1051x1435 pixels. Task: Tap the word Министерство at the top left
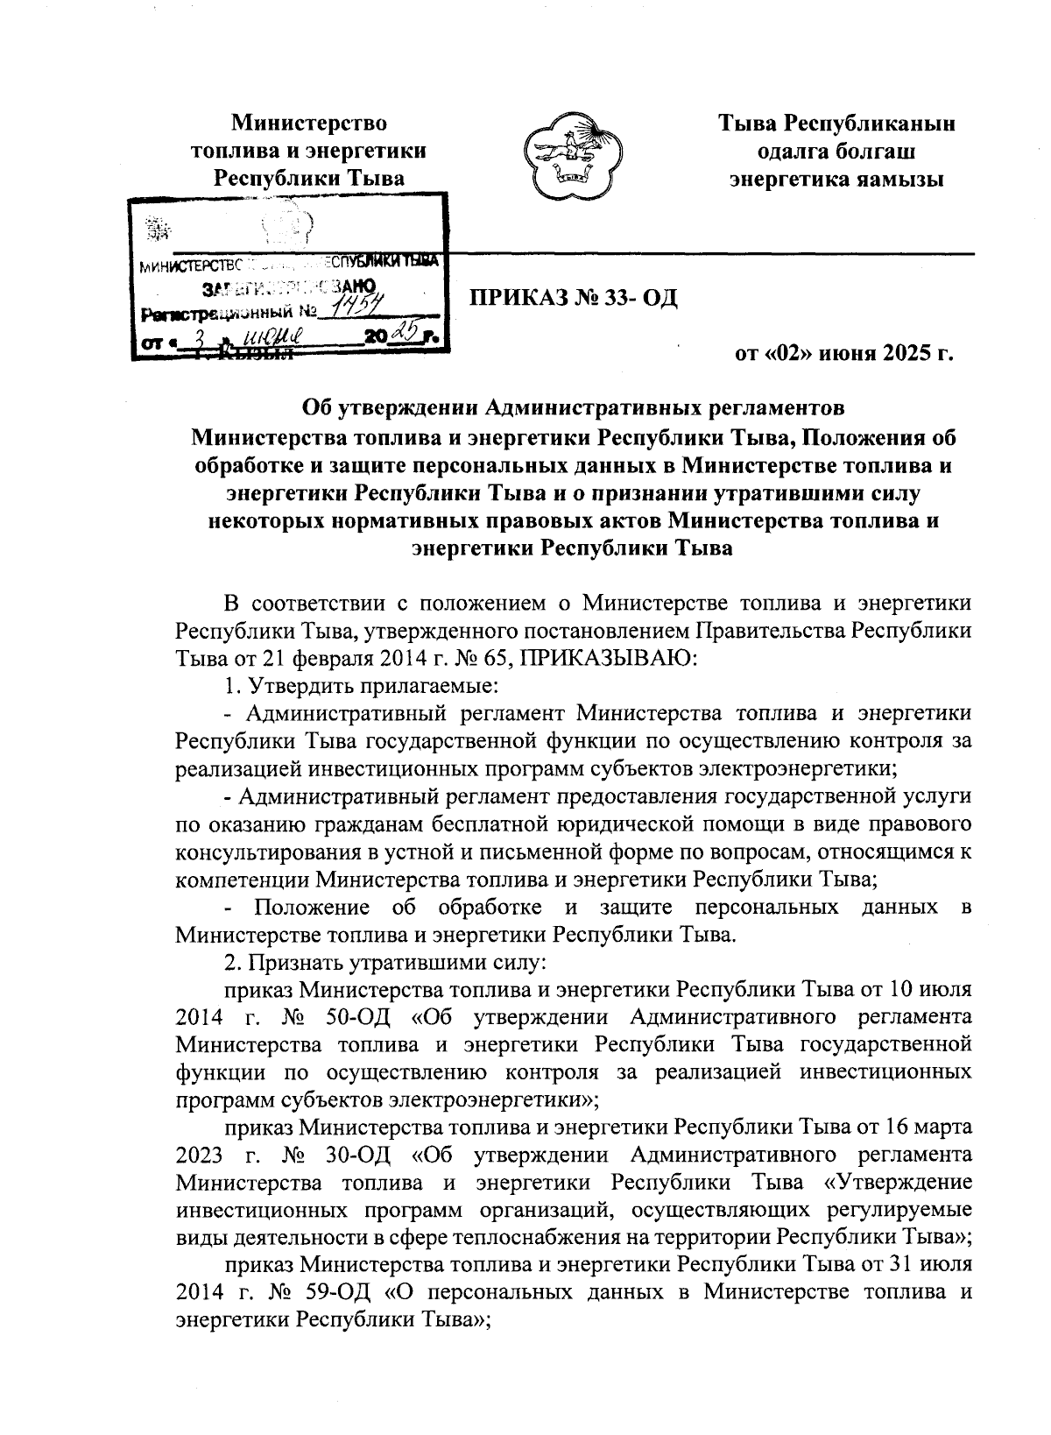pyautogui.click(x=308, y=124)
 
